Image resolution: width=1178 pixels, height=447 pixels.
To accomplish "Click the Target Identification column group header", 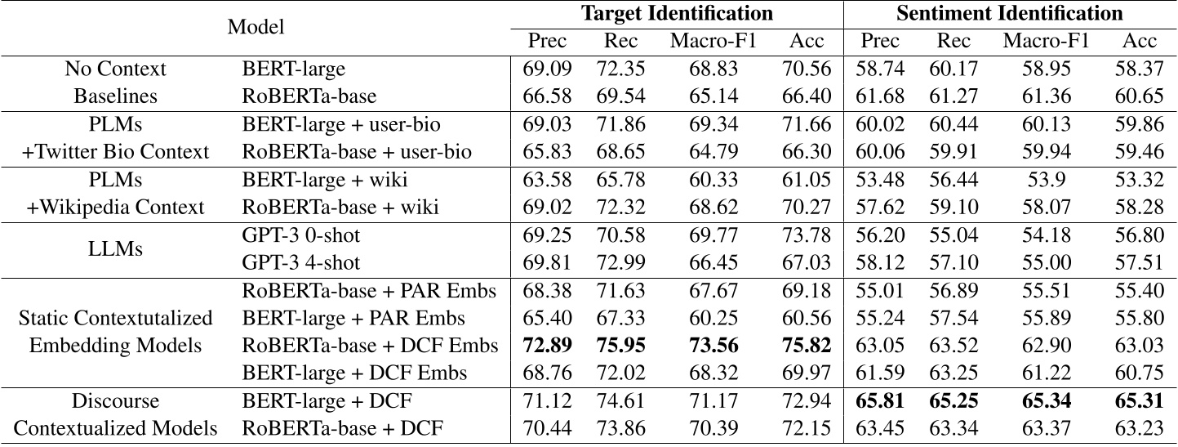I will pyautogui.click(x=676, y=13).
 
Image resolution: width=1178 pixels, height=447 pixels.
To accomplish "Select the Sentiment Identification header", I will pyautogui.click(x=1009, y=13).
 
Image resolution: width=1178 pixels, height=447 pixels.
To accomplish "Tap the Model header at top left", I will pyautogui.click(x=256, y=26).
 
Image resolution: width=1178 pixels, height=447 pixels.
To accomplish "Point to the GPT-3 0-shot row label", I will pyautogui.click(x=301, y=235).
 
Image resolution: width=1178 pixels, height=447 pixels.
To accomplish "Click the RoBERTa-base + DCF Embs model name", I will pyautogui.click(x=370, y=345).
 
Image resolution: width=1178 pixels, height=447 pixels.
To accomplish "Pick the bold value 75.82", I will pyautogui.click(x=807, y=345).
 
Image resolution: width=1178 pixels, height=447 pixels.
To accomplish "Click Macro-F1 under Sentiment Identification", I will pyautogui.click(x=1046, y=41).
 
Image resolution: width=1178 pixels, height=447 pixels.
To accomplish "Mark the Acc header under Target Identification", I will pyautogui.click(x=807, y=41).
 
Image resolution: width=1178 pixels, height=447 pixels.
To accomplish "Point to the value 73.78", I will pyautogui.click(x=807, y=235).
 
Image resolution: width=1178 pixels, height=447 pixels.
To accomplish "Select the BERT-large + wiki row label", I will pyautogui.click(x=324, y=179).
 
